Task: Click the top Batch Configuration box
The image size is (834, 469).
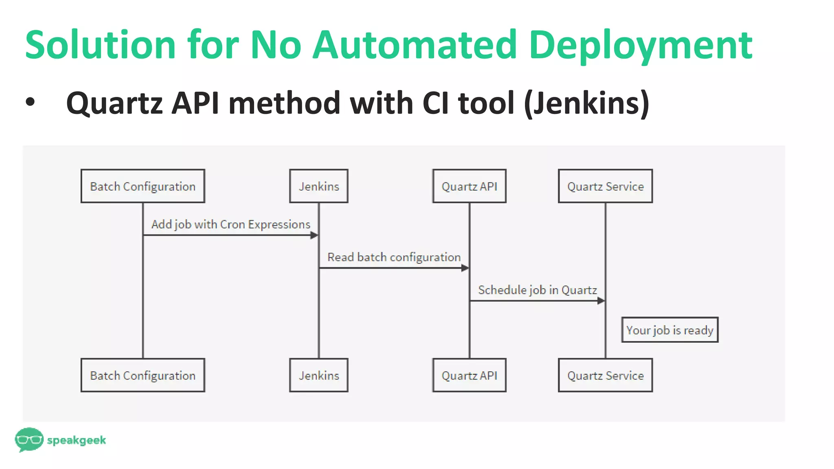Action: point(143,186)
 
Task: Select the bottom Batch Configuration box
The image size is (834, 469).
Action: point(143,375)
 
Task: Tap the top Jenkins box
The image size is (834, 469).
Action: point(318,186)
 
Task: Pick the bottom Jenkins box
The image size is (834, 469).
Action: point(318,375)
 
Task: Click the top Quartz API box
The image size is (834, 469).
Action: point(469,186)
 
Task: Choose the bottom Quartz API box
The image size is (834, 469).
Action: point(469,375)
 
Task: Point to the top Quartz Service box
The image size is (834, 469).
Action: point(605,186)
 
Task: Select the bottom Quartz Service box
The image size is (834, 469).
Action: point(605,375)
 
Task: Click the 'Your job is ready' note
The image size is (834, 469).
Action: point(669,330)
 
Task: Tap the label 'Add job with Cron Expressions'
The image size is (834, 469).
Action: point(230,224)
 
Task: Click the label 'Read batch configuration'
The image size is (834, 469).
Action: point(394,257)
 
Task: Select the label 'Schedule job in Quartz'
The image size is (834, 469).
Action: point(537,290)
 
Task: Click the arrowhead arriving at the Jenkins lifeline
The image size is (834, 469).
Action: point(314,235)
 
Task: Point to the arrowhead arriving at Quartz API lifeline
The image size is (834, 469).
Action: point(465,268)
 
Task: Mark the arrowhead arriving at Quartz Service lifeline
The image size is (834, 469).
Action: point(601,301)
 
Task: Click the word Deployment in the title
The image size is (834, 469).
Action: point(641,45)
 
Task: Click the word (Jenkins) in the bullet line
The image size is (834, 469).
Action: point(586,103)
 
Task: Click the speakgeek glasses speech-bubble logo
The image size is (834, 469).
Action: point(29,439)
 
